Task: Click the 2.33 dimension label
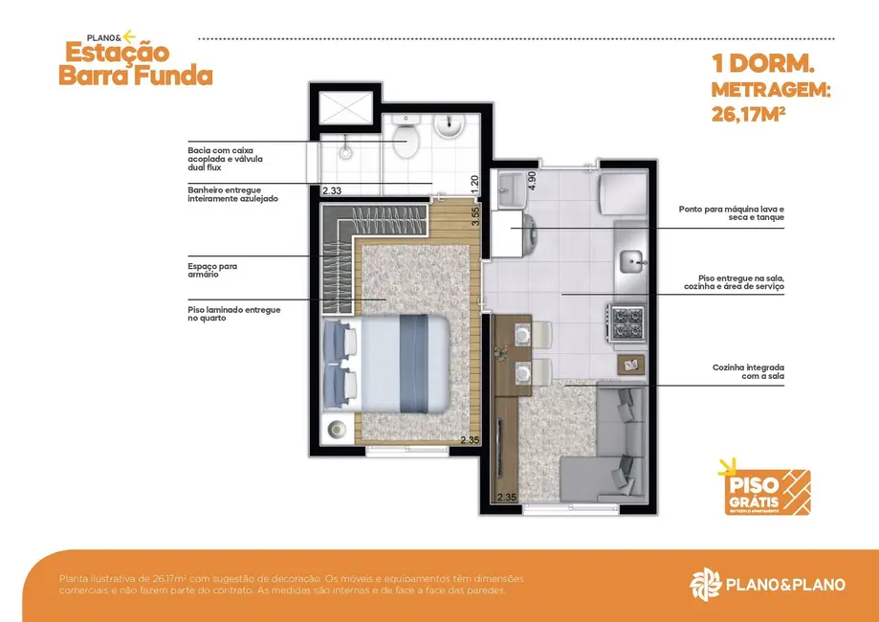tap(332, 190)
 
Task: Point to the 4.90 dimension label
tap(532, 182)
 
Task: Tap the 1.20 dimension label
tap(473, 182)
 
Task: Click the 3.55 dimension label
tap(473, 214)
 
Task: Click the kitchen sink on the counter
tap(631, 260)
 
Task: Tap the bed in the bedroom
tap(386, 363)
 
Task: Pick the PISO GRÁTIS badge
tap(762, 488)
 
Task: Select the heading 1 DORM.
tap(761, 65)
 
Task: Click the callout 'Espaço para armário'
tap(213, 270)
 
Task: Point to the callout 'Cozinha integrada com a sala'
tap(747, 372)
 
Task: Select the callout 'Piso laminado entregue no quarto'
tap(234, 314)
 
